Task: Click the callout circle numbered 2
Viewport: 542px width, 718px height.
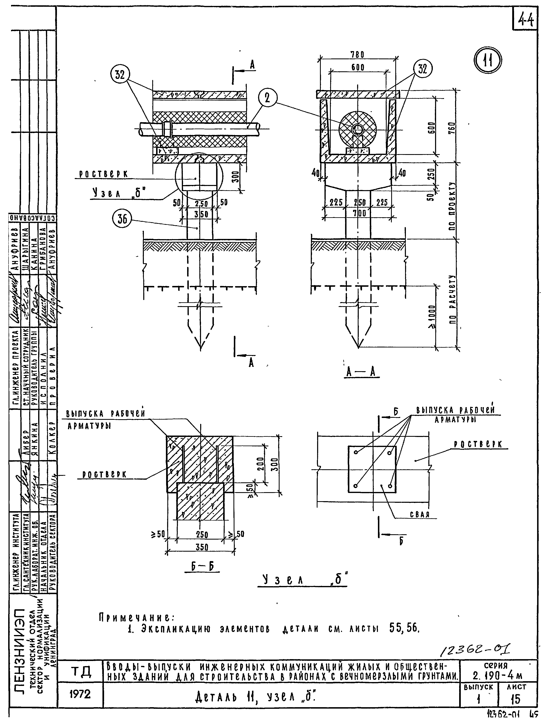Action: click(268, 98)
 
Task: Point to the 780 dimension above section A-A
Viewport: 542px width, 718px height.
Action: click(358, 55)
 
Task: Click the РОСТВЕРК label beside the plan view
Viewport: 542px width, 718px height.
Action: click(478, 444)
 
